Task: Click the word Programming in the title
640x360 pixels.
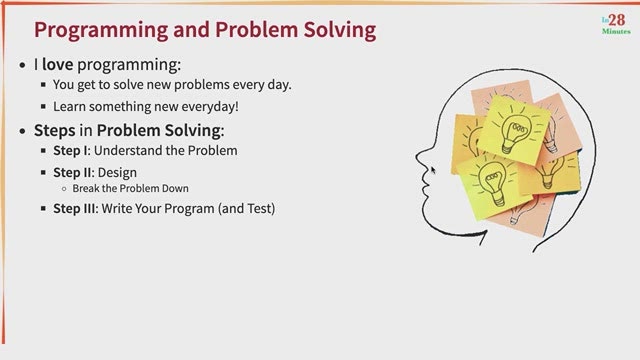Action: tap(101, 31)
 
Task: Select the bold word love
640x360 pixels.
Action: tap(58, 64)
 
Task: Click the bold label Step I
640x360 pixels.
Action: tap(70, 151)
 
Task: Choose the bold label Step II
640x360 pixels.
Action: tap(72, 173)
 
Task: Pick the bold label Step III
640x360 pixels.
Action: tap(74, 209)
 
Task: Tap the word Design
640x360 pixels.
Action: tap(117, 173)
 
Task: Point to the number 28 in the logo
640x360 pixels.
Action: tap(617, 20)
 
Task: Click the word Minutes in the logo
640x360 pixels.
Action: tap(616, 31)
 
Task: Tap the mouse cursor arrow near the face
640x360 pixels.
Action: tap(433, 170)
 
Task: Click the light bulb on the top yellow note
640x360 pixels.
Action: tap(515, 132)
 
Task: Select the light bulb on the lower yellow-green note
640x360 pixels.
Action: tap(493, 183)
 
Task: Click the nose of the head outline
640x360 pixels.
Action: tap(419, 158)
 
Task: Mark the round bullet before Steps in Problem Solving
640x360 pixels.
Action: tap(22, 131)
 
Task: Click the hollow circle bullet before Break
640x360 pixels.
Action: tap(64, 189)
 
